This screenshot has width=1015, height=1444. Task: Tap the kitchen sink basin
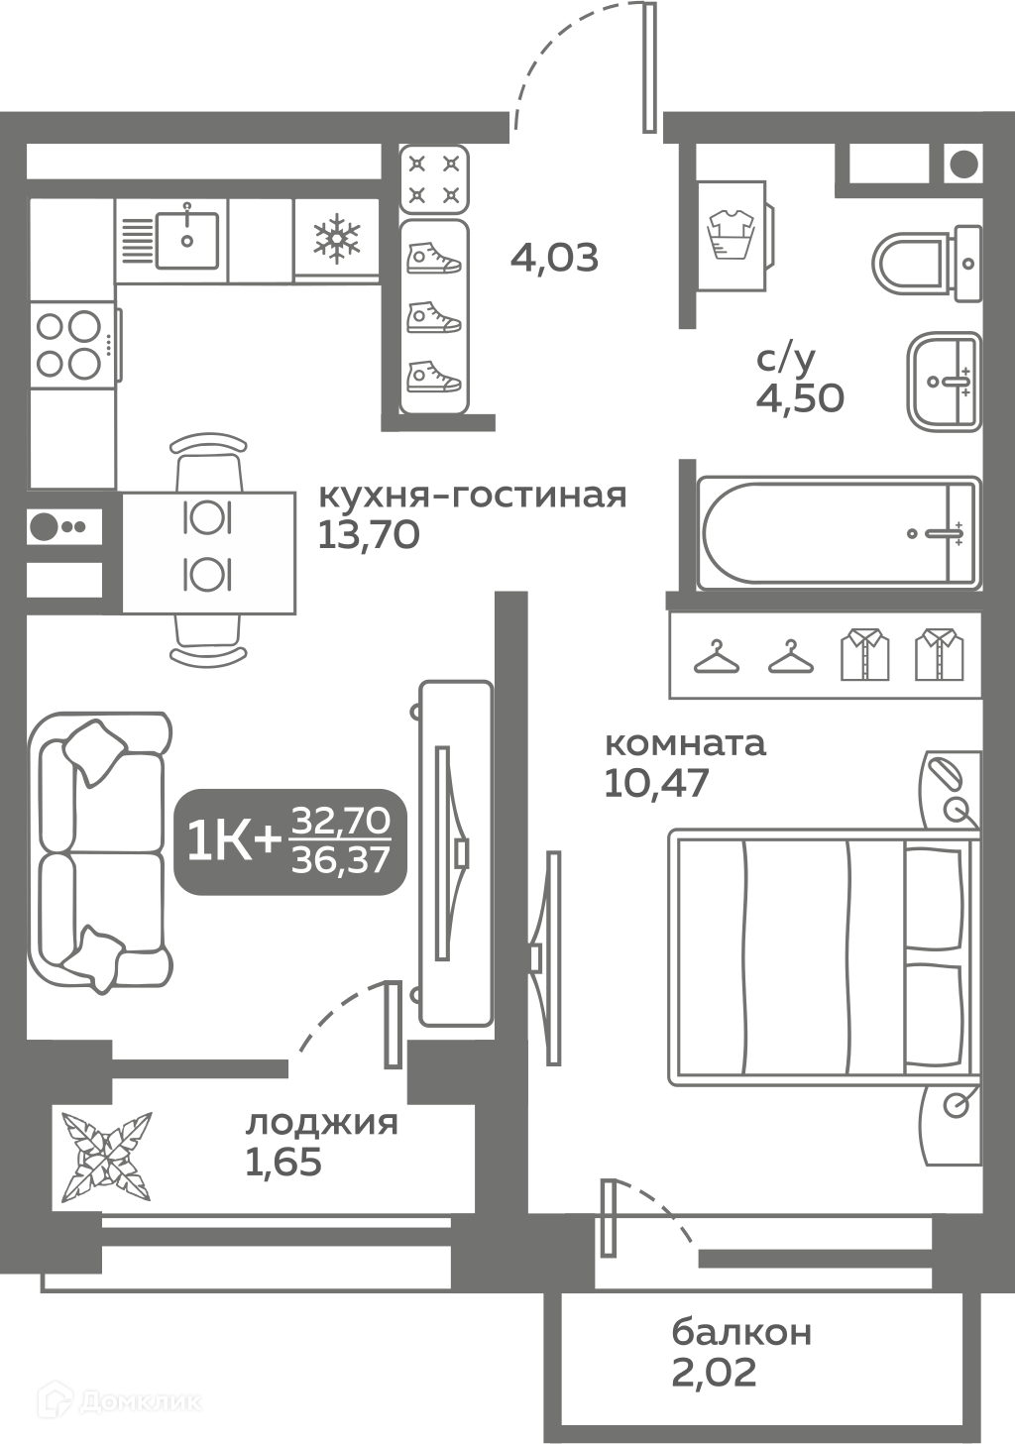[x=187, y=240]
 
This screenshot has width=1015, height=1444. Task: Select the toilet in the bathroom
[x=928, y=264]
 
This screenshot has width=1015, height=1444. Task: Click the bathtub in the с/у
[x=840, y=533]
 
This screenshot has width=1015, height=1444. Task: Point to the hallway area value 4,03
[x=554, y=258]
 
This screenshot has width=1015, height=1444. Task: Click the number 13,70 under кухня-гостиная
[x=369, y=534]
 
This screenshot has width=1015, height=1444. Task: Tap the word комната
[x=686, y=743]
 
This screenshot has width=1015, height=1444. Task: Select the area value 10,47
[x=656, y=783]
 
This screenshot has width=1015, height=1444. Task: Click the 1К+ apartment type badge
[x=290, y=841]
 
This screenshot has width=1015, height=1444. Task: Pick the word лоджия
[x=322, y=1125]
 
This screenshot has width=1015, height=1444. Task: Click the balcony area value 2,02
[x=714, y=1373]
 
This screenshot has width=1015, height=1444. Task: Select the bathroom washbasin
[x=944, y=382]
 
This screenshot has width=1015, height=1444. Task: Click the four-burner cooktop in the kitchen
[x=69, y=344]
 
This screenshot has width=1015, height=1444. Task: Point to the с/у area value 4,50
[x=800, y=398]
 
